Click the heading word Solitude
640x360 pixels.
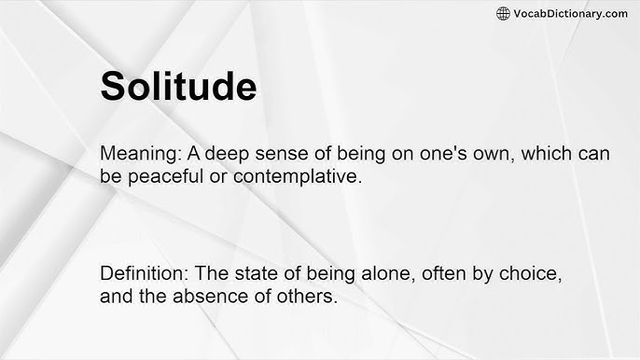177,86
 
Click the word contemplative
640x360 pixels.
290,176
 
